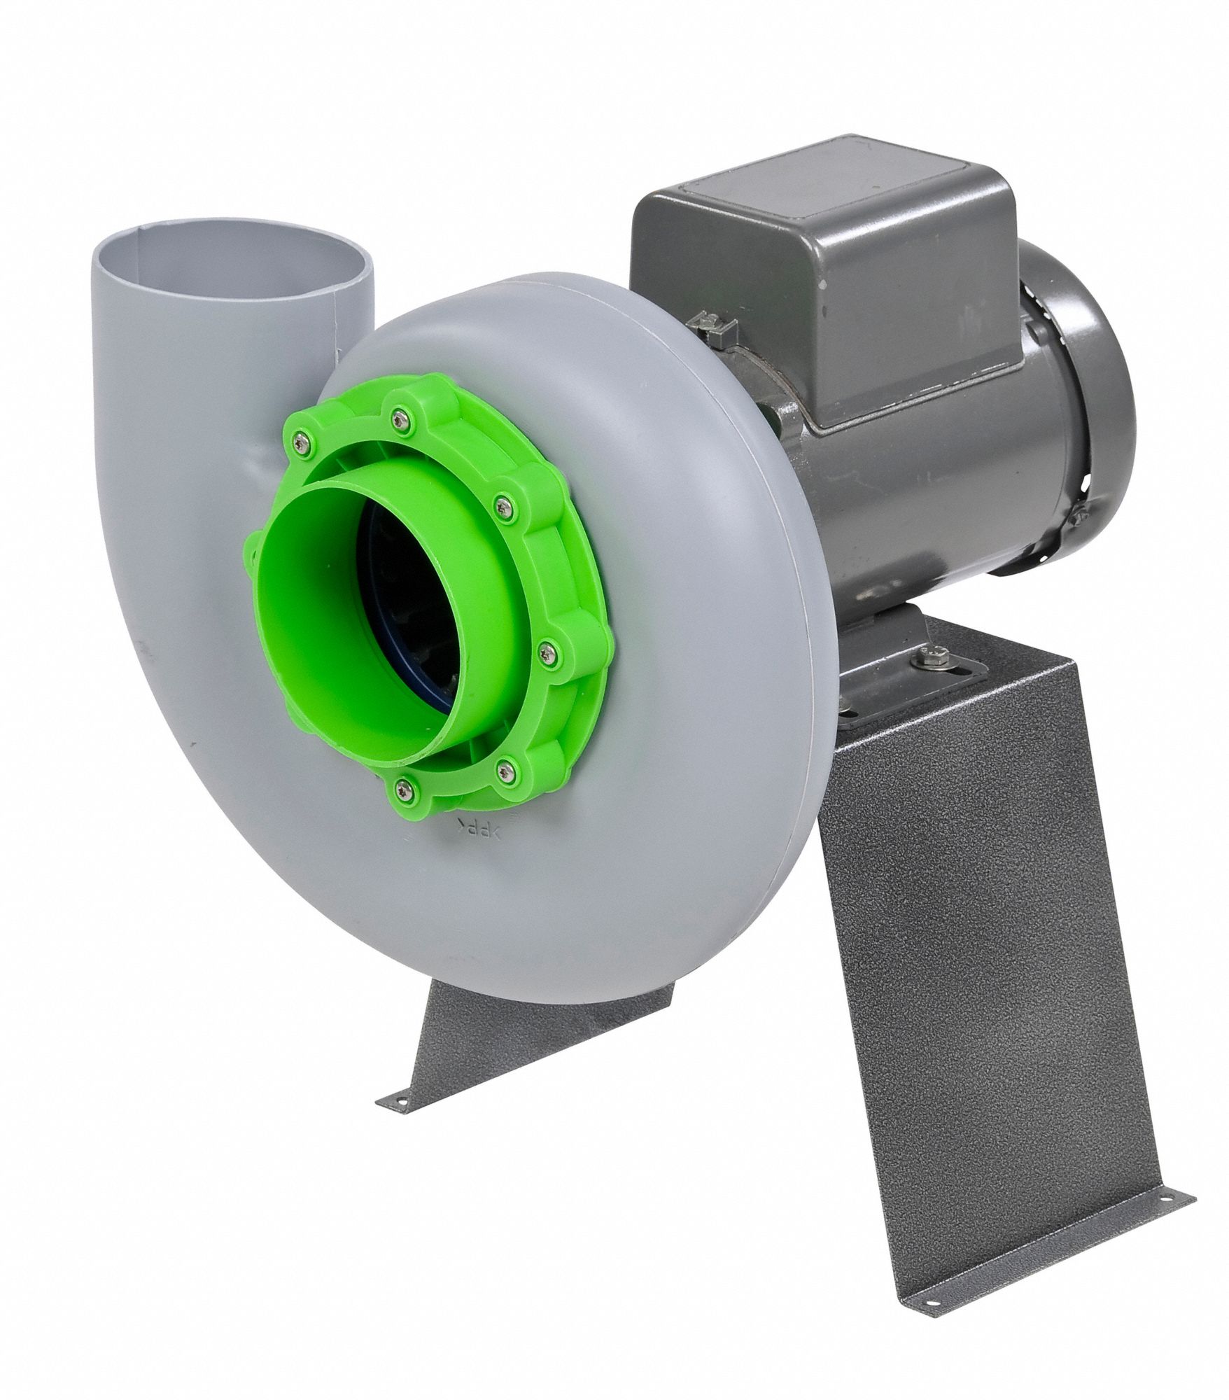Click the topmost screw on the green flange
[400, 420]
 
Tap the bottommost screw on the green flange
[404, 790]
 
